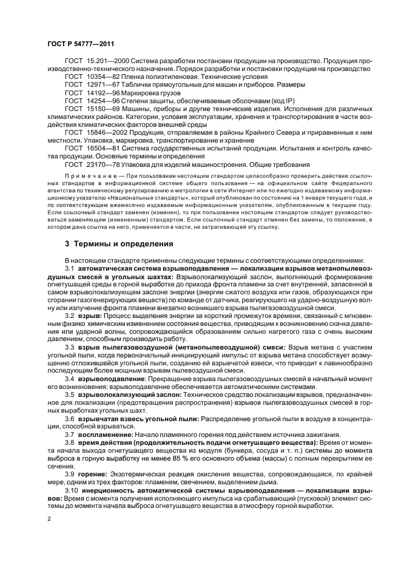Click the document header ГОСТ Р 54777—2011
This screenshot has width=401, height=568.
point(80,44)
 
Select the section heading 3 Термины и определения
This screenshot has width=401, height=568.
point(119,244)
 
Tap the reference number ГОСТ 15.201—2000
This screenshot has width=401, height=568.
point(96,63)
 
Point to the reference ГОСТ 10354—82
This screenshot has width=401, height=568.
point(91,78)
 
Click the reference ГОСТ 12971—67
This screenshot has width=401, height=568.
point(91,86)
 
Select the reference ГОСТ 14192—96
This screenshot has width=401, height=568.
point(91,93)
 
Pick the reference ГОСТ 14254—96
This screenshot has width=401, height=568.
point(91,101)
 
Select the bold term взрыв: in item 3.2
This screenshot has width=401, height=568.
point(90,317)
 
